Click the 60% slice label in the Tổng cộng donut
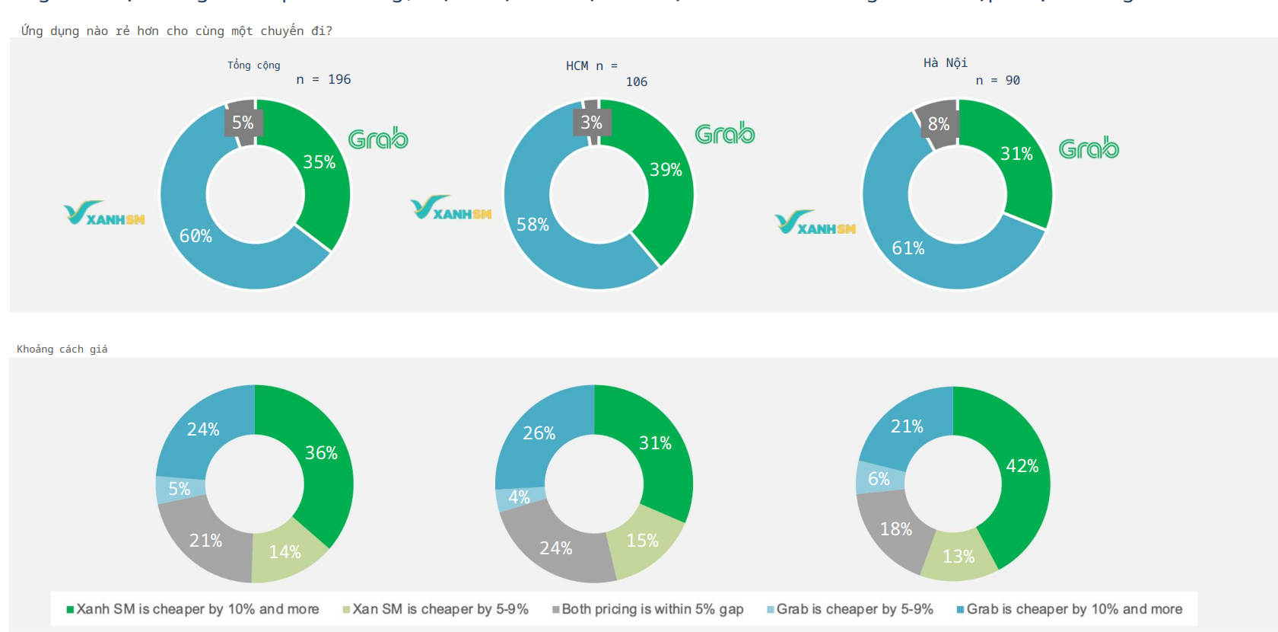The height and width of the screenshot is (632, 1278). [x=196, y=236]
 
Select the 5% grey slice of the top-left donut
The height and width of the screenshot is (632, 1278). [x=243, y=122]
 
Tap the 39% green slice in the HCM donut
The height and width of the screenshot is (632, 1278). [x=665, y=170]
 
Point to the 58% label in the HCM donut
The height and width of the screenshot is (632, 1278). [x=532, y=225]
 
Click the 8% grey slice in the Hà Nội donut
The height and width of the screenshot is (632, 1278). [x=939, y=123]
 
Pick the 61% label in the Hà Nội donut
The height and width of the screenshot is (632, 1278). [x=908, y=248]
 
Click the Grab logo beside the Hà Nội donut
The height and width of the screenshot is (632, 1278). [x=1089, y=148]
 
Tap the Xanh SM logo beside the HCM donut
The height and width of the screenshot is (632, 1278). [x=450, y=208]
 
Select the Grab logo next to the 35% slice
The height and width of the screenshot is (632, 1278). [x=378, y=139]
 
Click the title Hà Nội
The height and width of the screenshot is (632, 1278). [x=946, y=62]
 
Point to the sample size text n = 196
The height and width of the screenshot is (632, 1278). [x=323, y=79]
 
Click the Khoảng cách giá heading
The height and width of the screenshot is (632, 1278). [x=62, y=349]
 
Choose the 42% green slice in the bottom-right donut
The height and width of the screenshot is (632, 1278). [x=1022, y=466]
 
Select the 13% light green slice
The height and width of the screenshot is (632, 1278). [x=958, y=557]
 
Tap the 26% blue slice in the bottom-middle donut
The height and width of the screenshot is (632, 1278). [x=539, y=433]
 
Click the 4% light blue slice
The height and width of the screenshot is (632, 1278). [x=519, y=497]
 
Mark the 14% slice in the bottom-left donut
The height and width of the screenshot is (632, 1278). [x=285, y=552]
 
